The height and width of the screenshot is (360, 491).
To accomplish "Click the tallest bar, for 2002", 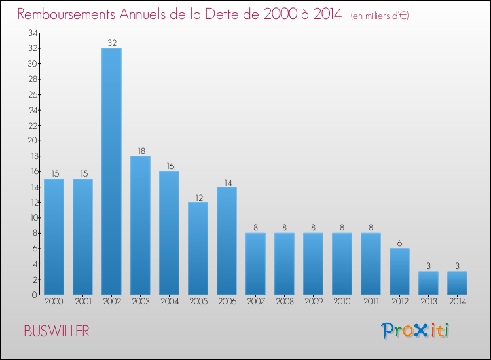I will pos(111,171).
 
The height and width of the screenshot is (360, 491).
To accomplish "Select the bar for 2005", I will pos(198,248).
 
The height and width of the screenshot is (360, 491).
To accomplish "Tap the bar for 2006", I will pos(227,240).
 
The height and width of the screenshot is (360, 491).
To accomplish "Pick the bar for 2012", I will pos(399,271).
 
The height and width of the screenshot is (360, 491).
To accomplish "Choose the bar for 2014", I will pos(457,283).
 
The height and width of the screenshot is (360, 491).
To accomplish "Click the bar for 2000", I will pos(54,236).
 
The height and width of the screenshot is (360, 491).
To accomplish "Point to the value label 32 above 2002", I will pos(111,43).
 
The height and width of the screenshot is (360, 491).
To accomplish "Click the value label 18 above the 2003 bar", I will pos(140,151).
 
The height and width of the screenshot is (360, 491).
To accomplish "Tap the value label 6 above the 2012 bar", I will pos(399,243).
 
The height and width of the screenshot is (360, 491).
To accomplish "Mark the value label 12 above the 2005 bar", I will pos(198,197).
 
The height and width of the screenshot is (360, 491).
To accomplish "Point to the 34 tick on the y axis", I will pos(31,33).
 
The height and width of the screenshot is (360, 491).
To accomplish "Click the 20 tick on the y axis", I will pos(31,141).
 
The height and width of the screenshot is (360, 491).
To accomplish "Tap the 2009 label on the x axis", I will pos(313,303).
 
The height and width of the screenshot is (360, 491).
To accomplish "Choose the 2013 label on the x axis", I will pos(428,303).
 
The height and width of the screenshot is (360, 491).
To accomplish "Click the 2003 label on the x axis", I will pos(140,303).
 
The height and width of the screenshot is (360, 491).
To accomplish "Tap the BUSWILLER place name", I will pos(56,331).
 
